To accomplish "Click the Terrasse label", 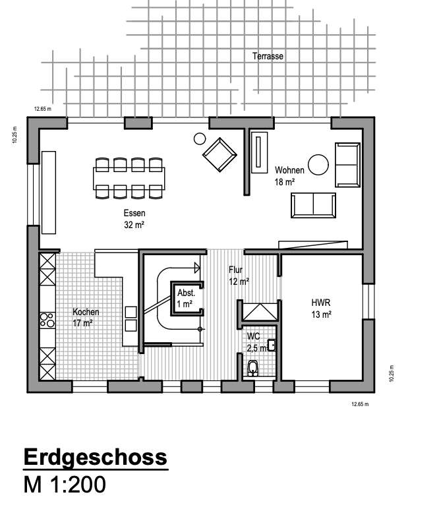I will point(268,57).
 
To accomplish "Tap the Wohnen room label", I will point(289,175).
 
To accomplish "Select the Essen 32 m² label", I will point(134,218).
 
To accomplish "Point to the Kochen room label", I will point(86,317).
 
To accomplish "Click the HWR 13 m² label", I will point(321,309).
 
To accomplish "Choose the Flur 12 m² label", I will point(238,275).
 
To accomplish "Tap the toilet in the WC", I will point(252,369).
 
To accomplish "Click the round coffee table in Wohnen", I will point(319,164).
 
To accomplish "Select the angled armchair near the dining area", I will point(219,154).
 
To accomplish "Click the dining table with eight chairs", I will point(129,178).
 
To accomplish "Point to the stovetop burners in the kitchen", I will point(47,320).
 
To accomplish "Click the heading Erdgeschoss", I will point(96,457).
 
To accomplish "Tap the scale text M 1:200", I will point(65,485).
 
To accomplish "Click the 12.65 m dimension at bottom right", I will point(359,404).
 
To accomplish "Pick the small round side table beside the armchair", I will point(199,138).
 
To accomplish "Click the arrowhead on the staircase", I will point(196,267).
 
